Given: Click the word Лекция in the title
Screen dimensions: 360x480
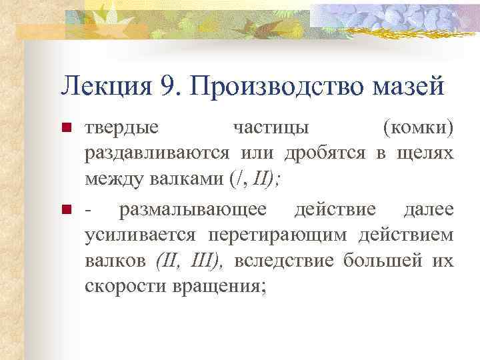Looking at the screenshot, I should point(99,85).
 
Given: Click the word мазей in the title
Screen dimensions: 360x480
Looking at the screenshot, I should point(412,85).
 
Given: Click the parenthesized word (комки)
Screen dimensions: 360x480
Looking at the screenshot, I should point(418,127).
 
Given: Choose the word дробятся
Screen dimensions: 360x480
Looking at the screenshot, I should point(324,153).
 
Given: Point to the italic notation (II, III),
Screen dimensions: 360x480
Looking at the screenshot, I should point(189,261).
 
